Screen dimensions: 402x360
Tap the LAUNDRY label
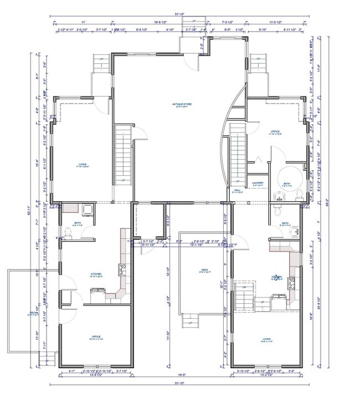pyautogui.click(x=257, y=183)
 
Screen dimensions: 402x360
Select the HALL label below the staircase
pyautogui.click(x=236, y=190)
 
